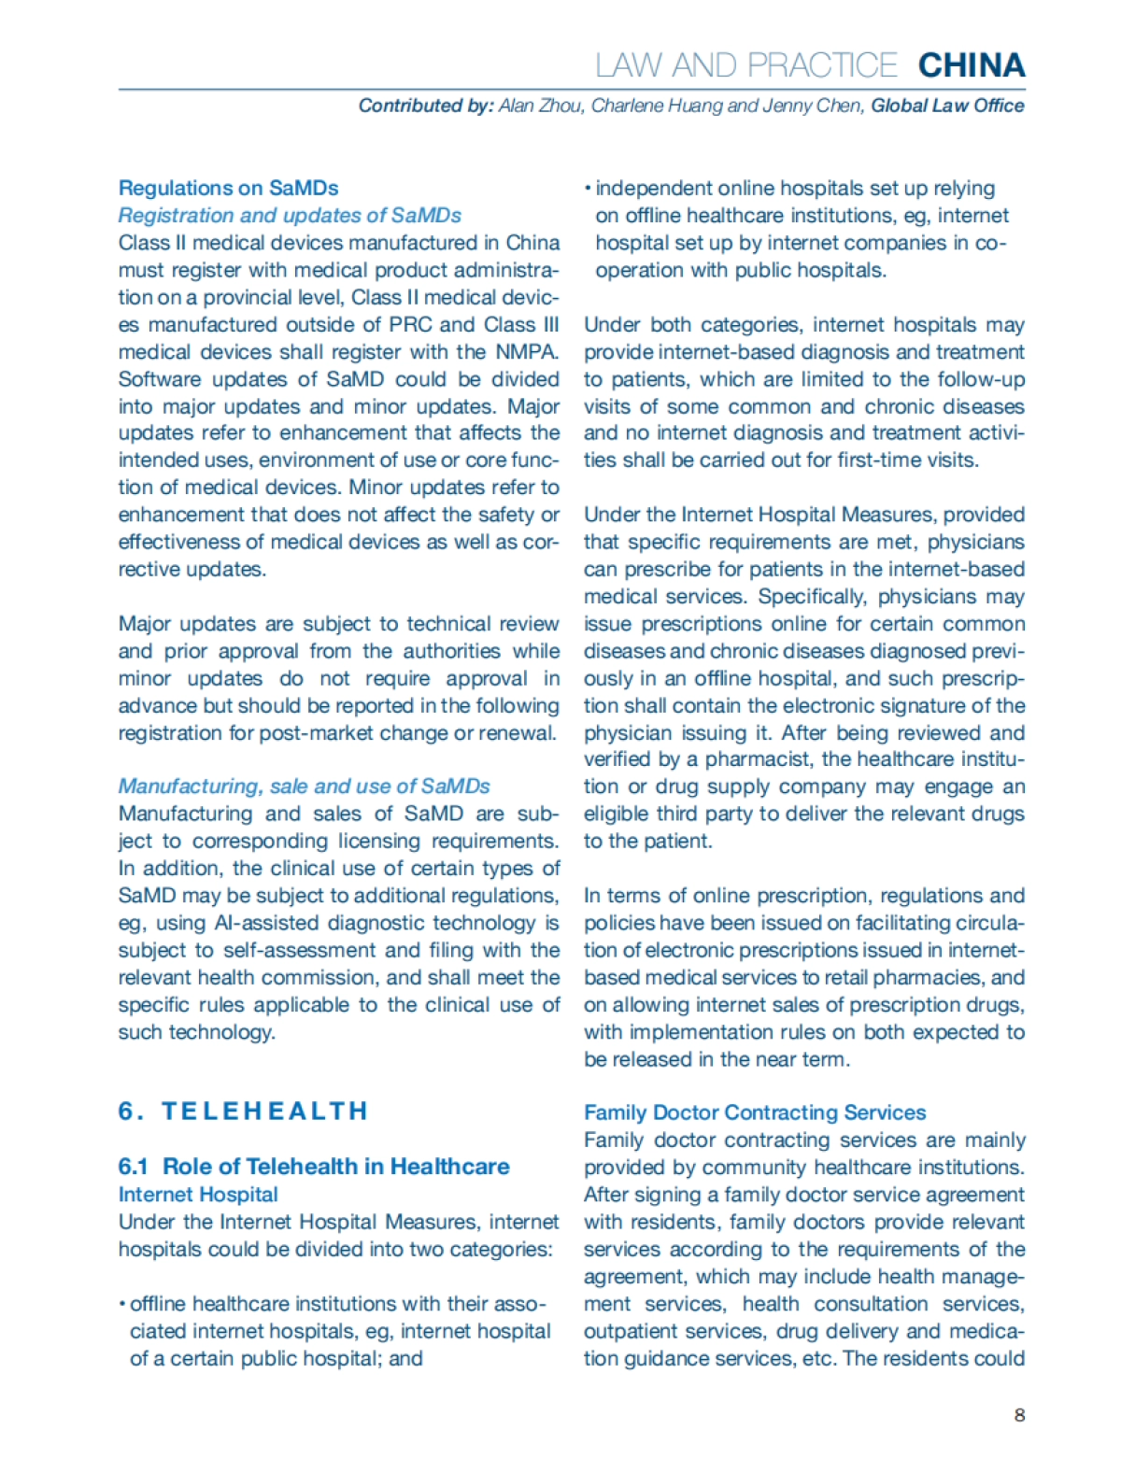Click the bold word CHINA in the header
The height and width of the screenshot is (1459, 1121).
(972, 65)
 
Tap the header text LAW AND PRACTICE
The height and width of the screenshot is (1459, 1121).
(746, 65)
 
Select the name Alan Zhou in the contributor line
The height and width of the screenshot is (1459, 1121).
(541, 106)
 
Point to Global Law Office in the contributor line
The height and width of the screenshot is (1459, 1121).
(947, 106)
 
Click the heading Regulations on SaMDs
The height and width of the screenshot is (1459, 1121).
(228, 188)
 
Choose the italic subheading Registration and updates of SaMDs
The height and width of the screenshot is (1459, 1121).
(290, 216)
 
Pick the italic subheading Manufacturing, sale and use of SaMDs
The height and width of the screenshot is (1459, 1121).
(304, 786)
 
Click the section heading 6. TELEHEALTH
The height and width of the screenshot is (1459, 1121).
(243, 1112)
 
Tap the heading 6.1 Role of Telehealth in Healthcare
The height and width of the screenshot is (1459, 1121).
(314, 1167)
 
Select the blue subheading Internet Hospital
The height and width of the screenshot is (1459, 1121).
(198, 1195)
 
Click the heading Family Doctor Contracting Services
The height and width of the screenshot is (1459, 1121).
(755, 1112)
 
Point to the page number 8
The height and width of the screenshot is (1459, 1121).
(1019, 1415)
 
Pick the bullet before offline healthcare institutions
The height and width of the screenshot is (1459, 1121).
(122, 1305)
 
